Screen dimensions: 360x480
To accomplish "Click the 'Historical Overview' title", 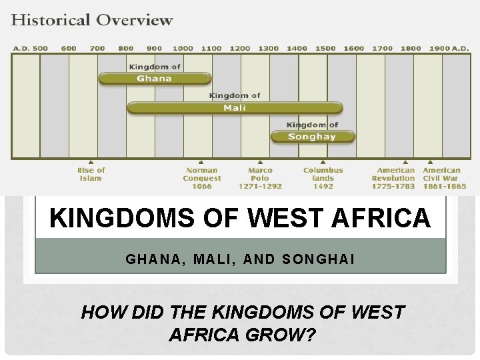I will pyautogui.click(x=92, y=19).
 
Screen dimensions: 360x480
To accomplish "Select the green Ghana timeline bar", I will pyautogui.click(x=155, y=79).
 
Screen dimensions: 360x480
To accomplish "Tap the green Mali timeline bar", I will pyautogui.click(x=235, y=107).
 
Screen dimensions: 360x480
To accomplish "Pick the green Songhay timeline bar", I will pyautogui.click(x=312, y=137).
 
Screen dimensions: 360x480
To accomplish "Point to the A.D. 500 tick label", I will pyautogui.click(x=30, y=48).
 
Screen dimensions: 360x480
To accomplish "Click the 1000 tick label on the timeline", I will pyautogui.click(x=183, y=48).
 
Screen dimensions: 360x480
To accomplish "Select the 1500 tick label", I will pyautogui.click(x=325, y=48).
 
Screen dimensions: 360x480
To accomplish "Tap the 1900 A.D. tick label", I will pyautogui.click(x=449, y=48).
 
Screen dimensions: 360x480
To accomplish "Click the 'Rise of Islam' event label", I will pyautogui.click(x=91, y=174).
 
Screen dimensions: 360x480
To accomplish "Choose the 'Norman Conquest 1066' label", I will pyautogui.click(x=202, y=178).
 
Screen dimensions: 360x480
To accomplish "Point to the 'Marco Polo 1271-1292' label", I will pyautogui.click(x=260, y=178).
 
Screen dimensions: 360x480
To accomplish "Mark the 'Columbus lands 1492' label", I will pyautogui.click(x=323, y=178).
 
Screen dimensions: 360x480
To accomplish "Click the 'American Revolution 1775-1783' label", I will pyautogui.click(x=393, y=178).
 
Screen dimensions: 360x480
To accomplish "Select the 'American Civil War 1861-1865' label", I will pyautogui.click(x=442, y=178).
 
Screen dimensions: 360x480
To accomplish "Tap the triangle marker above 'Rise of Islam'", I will pyautogui.click(x=91, y=161).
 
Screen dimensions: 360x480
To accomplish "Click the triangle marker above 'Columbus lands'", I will pyautogui.click(x=323, y=161).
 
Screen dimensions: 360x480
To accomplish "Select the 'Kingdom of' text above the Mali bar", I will pyautogui.click(x=235, y=96).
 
